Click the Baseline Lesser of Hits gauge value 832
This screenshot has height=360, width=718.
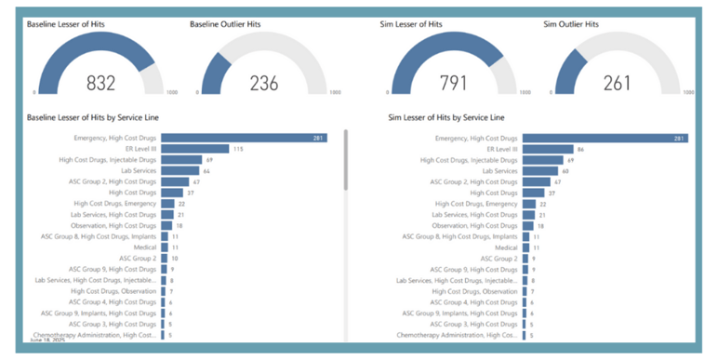[100, 83]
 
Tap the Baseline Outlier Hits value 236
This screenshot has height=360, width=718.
[264, 83]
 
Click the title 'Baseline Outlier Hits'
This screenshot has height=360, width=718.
[224, 24]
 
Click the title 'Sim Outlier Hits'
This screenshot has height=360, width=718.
[571, 24]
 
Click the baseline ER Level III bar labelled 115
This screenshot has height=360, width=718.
[194, 149]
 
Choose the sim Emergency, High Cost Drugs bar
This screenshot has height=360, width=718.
[605, 139]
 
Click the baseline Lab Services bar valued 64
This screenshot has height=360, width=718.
[179, 171]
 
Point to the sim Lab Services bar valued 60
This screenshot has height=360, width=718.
[540, 171]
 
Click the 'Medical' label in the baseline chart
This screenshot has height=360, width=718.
[145, 247]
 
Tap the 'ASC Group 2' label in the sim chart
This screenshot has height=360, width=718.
[499, 259]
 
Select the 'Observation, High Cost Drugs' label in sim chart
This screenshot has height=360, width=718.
[475, 226]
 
